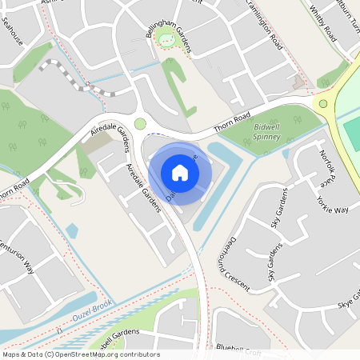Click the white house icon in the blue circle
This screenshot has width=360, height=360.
point(180,172)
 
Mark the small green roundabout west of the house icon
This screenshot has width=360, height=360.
point(141,123)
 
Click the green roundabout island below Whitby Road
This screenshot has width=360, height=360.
point(323,103)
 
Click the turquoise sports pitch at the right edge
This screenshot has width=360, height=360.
point(352,132)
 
